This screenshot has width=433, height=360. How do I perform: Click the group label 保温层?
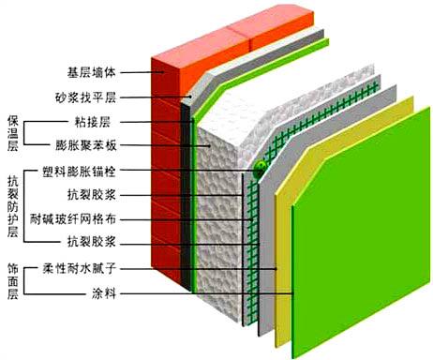point(12,134)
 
